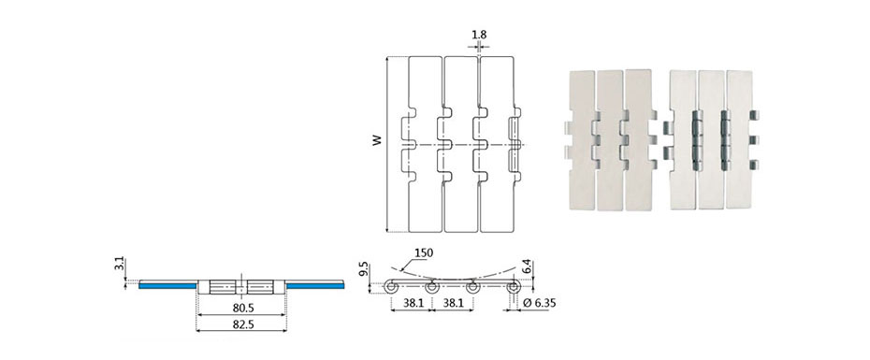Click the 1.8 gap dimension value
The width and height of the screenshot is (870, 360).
point(479,35)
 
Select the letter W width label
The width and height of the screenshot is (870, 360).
point(377,141)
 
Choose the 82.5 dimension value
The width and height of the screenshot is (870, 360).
point(241,324)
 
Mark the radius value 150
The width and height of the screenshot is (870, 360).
point(424,253)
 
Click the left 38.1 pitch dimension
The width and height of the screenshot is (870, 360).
point(412,302)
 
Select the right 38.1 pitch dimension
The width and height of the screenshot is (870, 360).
point(453,302)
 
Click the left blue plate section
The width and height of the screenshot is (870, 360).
point(167,286)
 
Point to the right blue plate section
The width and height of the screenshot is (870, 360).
point(315,286)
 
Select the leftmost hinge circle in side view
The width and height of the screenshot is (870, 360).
point(392,288)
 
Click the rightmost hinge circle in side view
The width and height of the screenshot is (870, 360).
point(514,288)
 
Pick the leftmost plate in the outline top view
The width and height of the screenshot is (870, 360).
point(426,144)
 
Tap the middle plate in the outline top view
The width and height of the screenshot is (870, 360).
point(460,144)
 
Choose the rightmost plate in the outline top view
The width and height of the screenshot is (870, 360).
point(498,144)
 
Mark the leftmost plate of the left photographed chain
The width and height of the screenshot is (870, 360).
point(582,139)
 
